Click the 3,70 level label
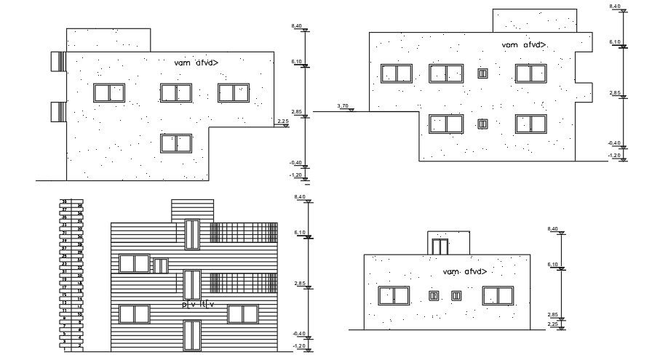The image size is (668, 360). [344, 107]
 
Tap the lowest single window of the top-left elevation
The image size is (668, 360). [177, 143]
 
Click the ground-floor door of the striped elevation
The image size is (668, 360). [192, 335]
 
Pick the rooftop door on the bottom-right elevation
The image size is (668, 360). [439, 245]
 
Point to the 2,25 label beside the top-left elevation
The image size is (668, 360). [284, 121]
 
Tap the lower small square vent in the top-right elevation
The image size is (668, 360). [482, 124]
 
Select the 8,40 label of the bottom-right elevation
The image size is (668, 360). [553, 229]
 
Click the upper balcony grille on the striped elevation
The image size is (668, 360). [244, 232]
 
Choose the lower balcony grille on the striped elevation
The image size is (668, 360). [244, 284]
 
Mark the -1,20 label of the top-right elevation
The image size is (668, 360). [615, 156]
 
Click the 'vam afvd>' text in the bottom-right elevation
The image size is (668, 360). [464, 272]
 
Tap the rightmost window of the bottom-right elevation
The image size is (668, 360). [498, 295]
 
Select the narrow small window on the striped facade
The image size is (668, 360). [161, 266]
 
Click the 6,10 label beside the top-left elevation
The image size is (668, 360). [296, 63]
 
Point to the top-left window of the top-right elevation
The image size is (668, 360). [397, 73]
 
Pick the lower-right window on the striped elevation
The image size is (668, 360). [244, 313]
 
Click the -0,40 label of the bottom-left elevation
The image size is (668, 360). [298, 334]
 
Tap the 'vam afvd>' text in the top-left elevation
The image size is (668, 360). [196, 63]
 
